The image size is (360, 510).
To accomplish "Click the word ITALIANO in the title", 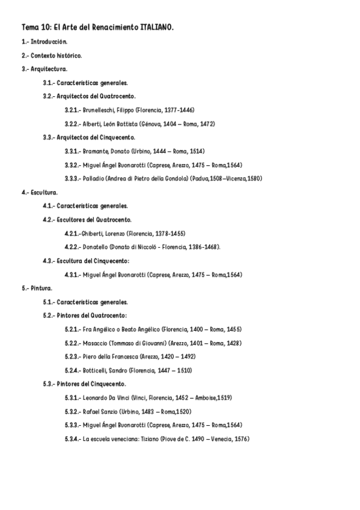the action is click(156, 28).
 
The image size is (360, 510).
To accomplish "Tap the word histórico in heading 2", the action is click(70, 55).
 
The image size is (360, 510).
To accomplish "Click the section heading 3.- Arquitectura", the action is click(44, 69).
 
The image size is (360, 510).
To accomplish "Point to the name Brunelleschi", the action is click(99, 110).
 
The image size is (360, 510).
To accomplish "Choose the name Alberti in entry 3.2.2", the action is click(93, 124).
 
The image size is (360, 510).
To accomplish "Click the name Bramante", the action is click(96, 151).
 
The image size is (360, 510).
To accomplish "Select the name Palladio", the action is click(94, 179).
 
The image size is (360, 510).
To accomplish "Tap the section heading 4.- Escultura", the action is click(40, 192).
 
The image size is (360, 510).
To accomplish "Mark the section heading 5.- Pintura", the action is click(37, 288).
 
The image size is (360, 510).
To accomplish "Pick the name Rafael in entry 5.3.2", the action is click(93, 411).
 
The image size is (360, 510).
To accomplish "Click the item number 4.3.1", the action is click(73, 274).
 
